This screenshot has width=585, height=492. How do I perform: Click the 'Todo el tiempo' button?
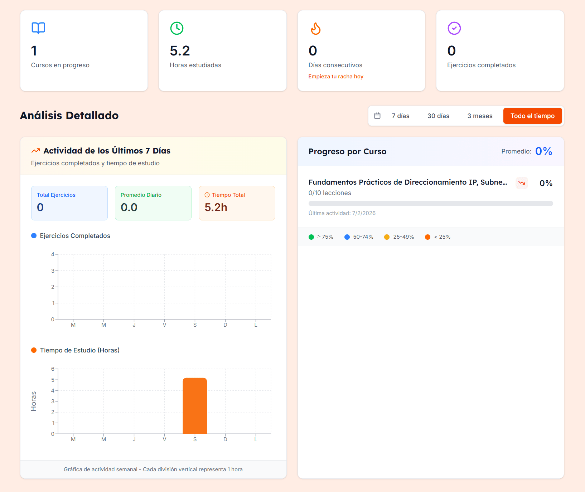pyautogui.click(x=532, y=116)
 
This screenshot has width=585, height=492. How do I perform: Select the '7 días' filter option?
pyautogui.click(x=400, y=116)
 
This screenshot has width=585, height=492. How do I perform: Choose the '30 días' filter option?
pyautogui.click(x=438, y=116)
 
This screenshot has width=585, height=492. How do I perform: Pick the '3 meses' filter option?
pyautogui.click(x=480, y=116)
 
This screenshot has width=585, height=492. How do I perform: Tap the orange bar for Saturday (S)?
pyautogui.click(x=195, y=406)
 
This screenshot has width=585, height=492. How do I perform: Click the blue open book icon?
pyautogui.click(x=38, y=28)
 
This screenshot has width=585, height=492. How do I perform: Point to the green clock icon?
pyautogui.click(x=177, y=28)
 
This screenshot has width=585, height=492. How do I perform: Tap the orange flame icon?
pyautogui.click(x=315, y=29)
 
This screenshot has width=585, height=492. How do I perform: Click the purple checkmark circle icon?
pyautogui.click(x=454, y=28)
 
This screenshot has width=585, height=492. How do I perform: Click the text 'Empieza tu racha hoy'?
pyautogui.click(x=336, y=77)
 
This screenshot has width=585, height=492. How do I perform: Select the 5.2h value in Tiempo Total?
pyautogui.click(x=216, y=208)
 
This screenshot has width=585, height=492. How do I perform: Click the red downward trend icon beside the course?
pyautogui.click(x=522, y=183)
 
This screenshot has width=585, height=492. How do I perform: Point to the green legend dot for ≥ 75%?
pyautogui.click(x=311, y=237)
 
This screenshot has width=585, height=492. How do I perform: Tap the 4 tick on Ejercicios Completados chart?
pyautogui.click(x=53, y=254)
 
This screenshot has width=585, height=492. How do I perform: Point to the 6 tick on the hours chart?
pyautogui.click(x=53, y=369)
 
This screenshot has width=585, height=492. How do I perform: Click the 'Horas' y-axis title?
pyautogui.click(x=34, y=401)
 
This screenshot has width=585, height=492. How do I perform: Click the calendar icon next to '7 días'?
pyautogui.click(x=377, y=116)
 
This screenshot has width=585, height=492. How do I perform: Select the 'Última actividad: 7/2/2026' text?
pyautogui.click(x=342, y=213)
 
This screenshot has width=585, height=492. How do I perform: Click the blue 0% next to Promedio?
pyautogui.click(x=543, y=151)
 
